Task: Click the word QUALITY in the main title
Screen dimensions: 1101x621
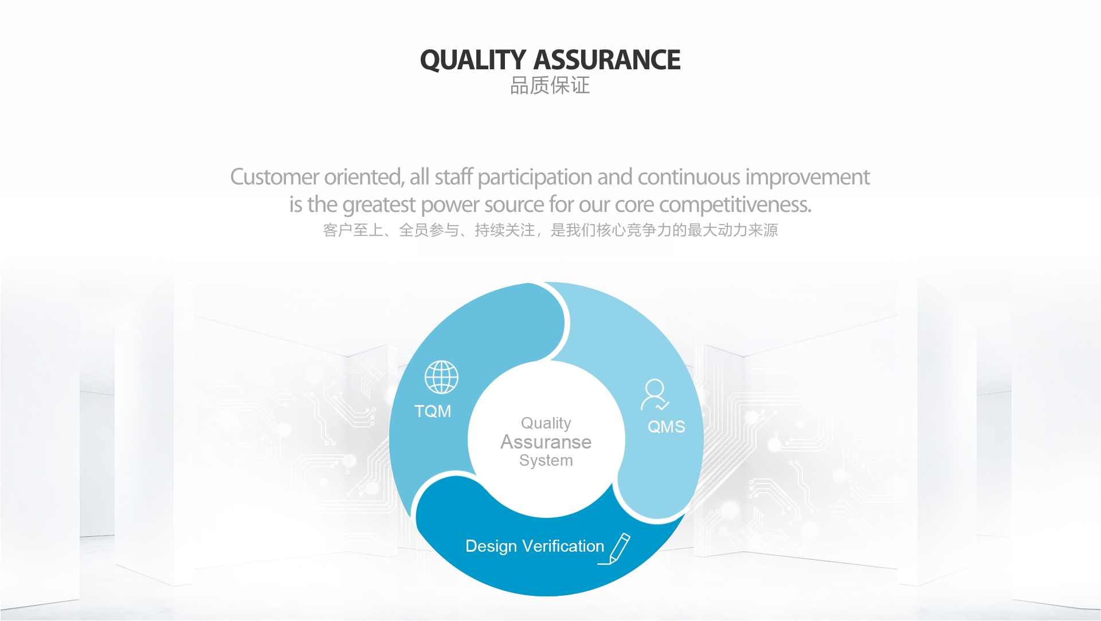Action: pyautogui.click(x=473, y=60)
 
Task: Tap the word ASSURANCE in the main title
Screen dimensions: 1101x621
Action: pyautogui.click(x=608, y=60)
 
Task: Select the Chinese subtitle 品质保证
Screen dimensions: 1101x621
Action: pyautogui.click(x=550, y=85)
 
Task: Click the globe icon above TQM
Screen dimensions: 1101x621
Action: pyautogui.click(x=441, y=377)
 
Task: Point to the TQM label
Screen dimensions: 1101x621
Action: pyautogui.click(x=433, y=411)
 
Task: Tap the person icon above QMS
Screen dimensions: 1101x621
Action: pyautogui.click(x=655, y=395)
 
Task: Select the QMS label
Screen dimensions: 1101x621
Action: pyautogui.click(x=666, y=427)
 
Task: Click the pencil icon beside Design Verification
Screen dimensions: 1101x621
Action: pyautogui.click(x=614, y=549)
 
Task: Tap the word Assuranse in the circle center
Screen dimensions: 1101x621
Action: pyautogui.click(x=546, y=442)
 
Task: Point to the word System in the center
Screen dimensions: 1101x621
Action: pyautogui.click(x=546, y=461)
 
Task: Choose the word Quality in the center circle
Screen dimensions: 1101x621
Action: pyautogui.click(x=546, y=423)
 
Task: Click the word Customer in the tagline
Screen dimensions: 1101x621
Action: pyautogui.click(x=275, y=177)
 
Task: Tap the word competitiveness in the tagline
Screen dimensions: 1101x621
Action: pyautogui.click(x=735, y=205)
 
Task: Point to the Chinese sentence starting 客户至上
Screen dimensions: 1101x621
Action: pyautogui.click(x=550, y=230)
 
